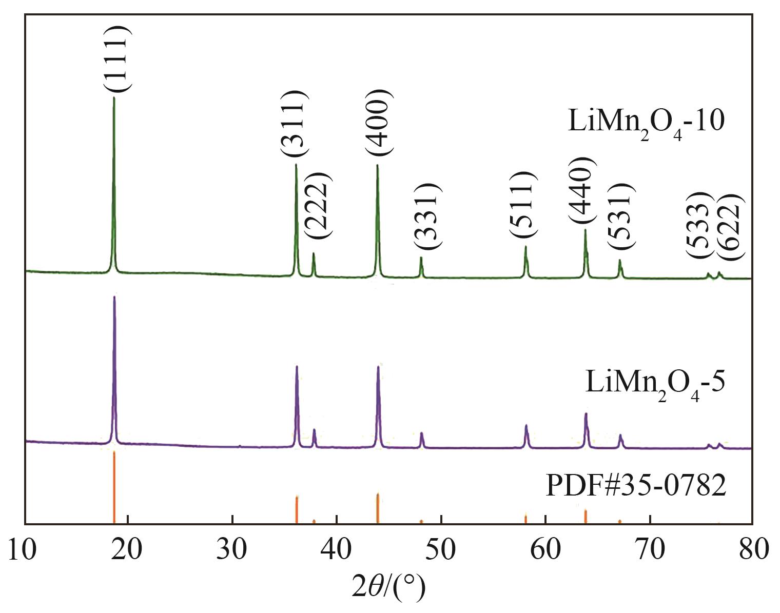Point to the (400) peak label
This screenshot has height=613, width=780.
[379, 122]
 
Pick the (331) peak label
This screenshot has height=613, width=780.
[427, 215]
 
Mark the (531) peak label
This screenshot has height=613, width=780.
[621, 215]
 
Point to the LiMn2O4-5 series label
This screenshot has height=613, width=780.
[655, 385]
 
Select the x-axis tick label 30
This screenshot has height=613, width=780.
[232, 549]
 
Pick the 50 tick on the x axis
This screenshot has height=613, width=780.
[441, 549]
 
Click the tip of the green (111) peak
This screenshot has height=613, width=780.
[114, 97]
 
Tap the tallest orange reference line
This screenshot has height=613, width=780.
[114, 487]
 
